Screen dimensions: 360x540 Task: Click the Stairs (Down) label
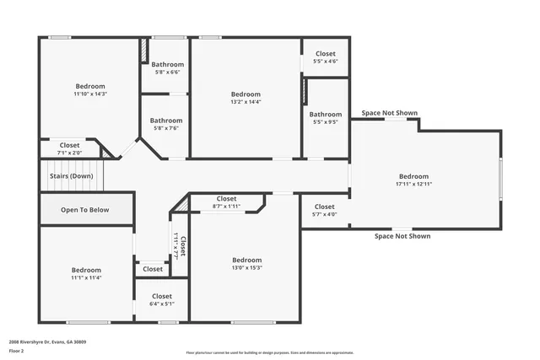tap(71, 175)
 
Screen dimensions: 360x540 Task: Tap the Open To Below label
tap(84, 210)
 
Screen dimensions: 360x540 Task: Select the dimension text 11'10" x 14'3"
tap(90, 94)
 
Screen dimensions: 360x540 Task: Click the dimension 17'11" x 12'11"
tap(413, 184)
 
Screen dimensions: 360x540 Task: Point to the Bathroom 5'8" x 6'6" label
tap(167, 65)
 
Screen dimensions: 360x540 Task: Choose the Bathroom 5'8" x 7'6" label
tap(166, 121)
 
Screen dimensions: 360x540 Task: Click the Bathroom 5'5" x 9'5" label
tap(325, 115)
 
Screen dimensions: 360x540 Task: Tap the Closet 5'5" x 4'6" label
tap(325, 54)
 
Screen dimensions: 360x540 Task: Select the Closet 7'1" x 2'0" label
tap(69, 145)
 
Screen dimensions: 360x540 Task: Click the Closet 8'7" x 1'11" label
tap(226, 199)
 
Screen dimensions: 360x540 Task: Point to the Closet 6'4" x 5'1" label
tap(162, 297)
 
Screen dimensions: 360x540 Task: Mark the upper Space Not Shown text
tap(389, 112)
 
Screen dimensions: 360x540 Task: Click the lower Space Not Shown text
tap(402, 236)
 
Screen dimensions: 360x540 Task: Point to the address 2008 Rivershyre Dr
tap(47, 341)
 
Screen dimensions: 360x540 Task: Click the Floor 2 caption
tap(16, 351)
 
